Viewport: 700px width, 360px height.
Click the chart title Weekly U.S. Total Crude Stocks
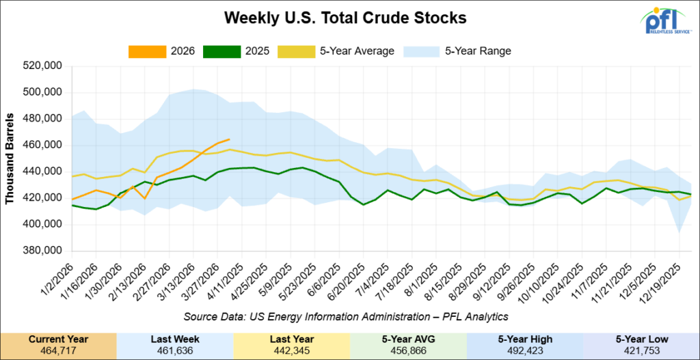(x=349, y=18)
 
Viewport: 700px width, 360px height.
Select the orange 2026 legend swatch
(x=147, y=51)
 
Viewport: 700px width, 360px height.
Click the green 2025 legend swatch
(x=222, y=51)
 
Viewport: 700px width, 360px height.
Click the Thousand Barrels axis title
(x=11, y=158)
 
